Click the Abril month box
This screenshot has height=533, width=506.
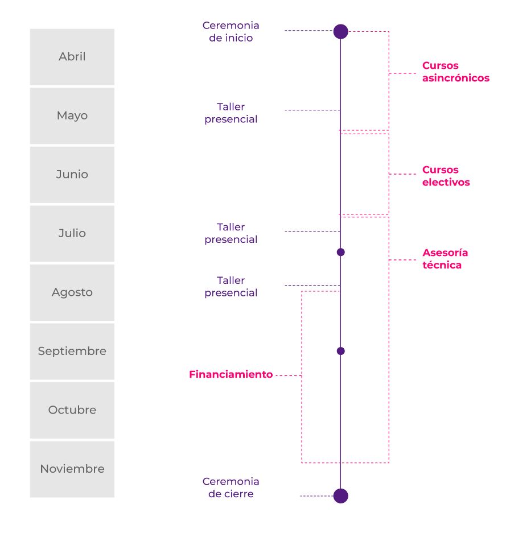point(72,57)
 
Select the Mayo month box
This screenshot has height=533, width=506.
point(72,116)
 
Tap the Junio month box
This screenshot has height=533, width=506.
point(72,175)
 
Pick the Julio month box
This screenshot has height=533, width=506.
point(72,234)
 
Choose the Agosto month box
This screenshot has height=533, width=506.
point(72,293)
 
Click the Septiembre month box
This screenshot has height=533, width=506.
point(72,352)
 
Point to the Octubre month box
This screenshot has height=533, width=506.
point(72,410)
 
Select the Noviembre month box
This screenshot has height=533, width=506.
point(72,469)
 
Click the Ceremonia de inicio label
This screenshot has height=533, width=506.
point(231,32)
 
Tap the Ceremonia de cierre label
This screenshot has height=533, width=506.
point(231,487)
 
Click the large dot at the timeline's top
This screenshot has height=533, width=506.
point(341,32)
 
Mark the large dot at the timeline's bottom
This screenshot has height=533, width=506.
point(341,496)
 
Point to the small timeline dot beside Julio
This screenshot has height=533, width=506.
point(341,252)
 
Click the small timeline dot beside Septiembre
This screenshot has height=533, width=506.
point(341,351)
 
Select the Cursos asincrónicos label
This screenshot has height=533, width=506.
point(456,72)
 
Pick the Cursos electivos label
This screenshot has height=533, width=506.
point(446,176)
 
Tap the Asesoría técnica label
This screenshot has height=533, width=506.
point(445,259)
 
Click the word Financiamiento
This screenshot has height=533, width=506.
point(231,374)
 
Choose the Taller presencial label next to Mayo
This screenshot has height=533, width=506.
point(231,113)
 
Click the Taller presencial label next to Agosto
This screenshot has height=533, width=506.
point(231,287)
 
